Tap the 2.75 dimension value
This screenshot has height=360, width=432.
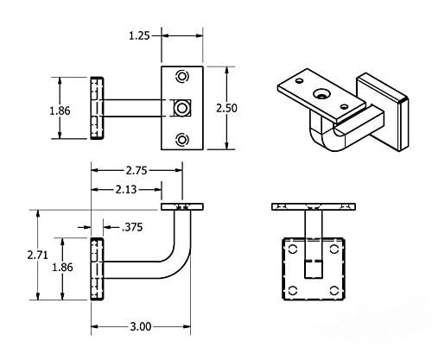point(136,171)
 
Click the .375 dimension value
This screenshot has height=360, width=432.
point(133,228)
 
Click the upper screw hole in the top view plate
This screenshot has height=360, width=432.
point(181,76)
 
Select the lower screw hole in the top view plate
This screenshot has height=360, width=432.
point(181,140)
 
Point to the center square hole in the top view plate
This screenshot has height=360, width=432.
point(181,108)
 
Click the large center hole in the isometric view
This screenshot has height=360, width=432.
point(322,93)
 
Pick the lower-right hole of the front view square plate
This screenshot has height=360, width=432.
point(333,290)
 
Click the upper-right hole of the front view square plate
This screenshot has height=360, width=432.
point(333,251)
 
